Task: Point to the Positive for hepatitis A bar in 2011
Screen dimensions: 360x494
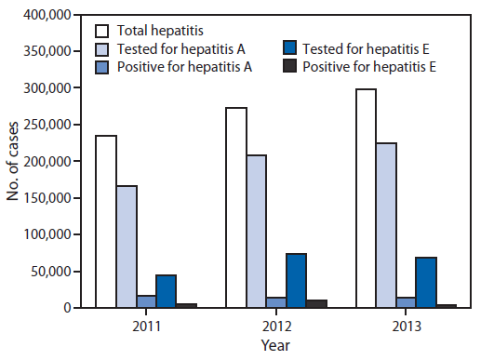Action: click(x=146, y=301)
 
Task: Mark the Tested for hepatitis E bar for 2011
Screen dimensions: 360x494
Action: click(x=167, y=291)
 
